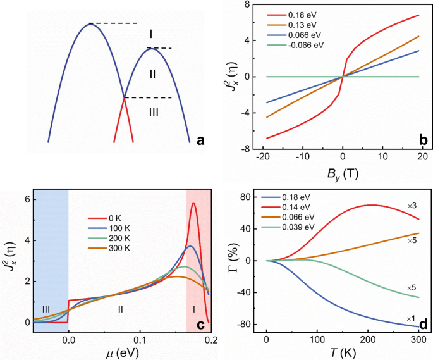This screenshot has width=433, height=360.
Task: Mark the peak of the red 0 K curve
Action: click(x=194, y=203)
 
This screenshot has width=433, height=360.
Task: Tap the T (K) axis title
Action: click(x=342, y=352)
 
